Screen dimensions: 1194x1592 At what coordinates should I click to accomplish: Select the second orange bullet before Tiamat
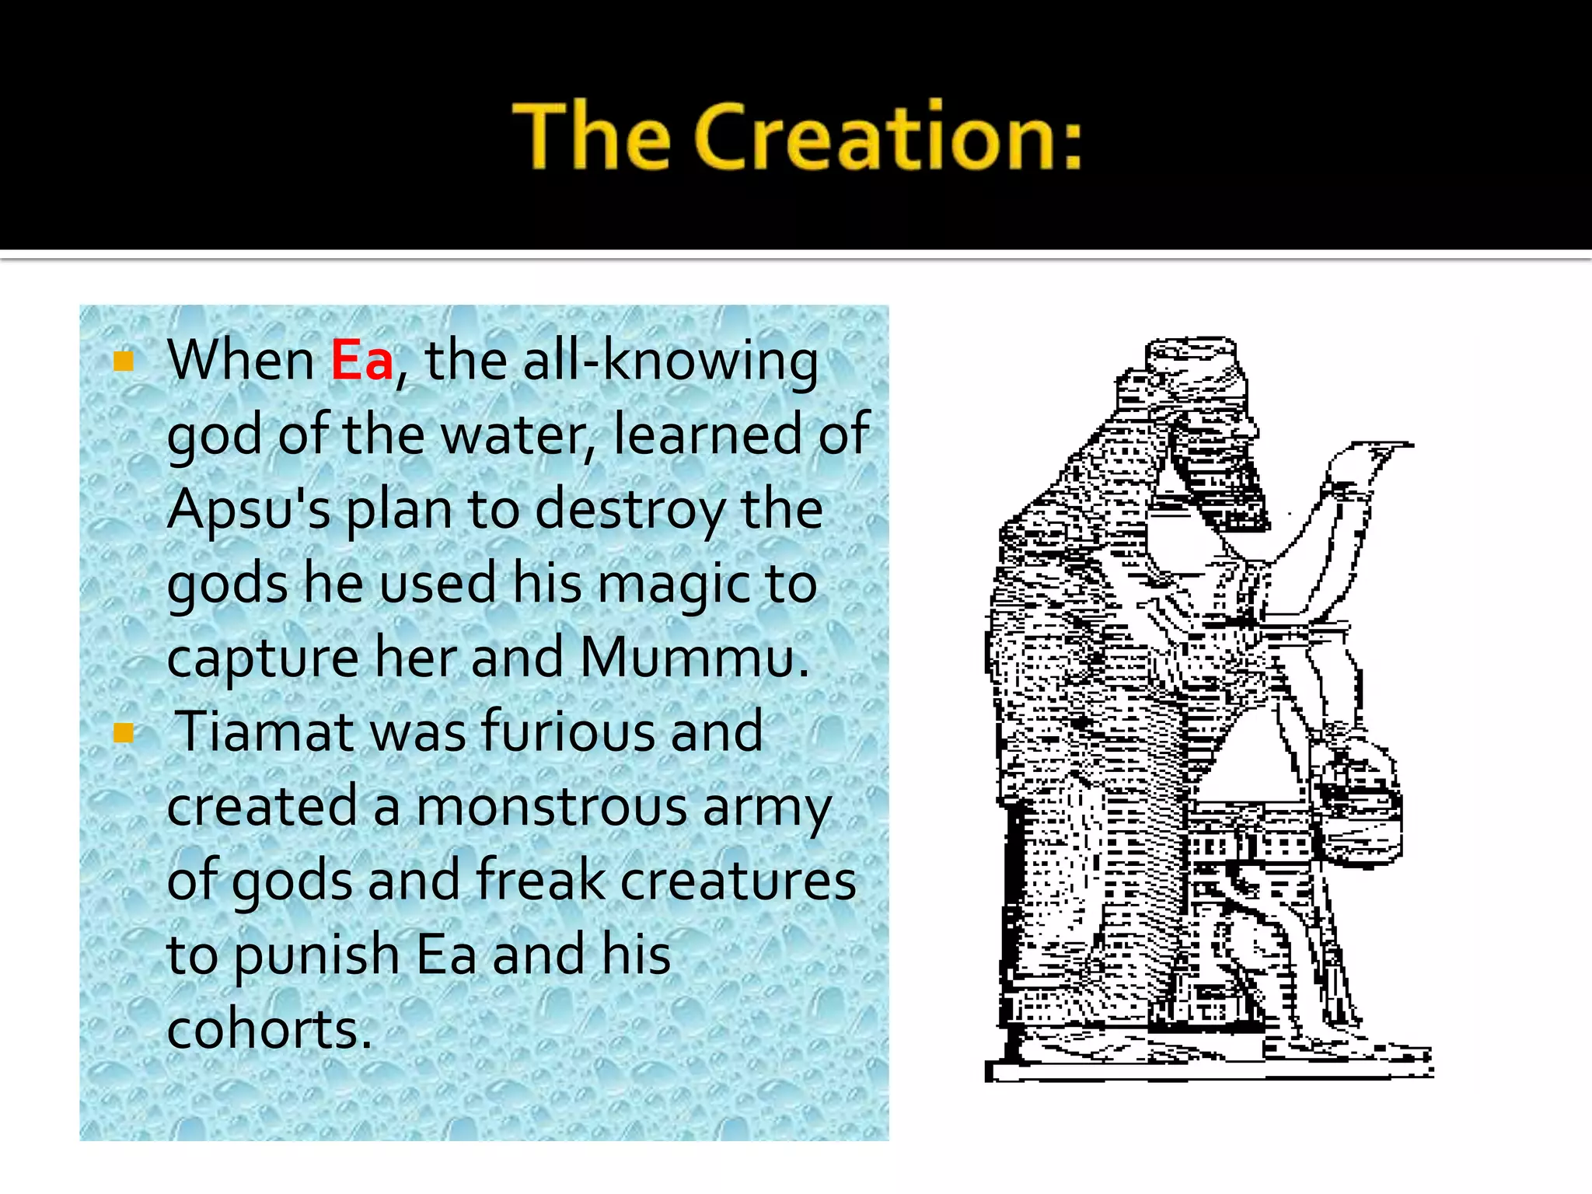point(124,732)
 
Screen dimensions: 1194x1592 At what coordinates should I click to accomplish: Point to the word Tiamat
point(264,731)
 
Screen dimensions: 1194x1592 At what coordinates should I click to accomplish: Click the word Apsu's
point(249,510)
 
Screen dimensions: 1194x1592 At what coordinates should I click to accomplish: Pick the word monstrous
point(552,806)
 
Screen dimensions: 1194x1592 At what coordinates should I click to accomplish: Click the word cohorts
point(269,1028)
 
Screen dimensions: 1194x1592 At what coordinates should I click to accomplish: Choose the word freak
point(540,880)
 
